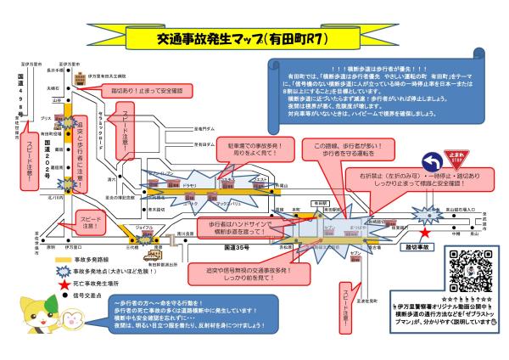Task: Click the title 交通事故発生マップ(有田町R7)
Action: tap(231, 38)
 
